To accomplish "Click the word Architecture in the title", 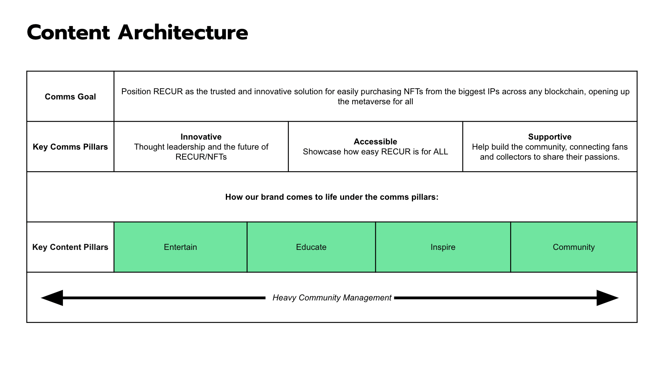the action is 183,32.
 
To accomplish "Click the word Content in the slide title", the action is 68,32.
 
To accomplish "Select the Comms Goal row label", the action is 71,97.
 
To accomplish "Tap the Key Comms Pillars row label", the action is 71,147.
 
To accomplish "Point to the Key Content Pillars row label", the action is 71,247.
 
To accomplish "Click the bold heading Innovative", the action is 201,137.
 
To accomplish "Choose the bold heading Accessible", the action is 375,142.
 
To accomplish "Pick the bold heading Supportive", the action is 550,137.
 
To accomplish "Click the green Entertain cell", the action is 180,247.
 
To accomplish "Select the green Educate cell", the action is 311,247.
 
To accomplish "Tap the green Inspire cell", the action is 443,247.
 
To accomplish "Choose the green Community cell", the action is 574,247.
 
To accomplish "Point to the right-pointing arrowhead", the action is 607,298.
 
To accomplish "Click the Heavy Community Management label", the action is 332,298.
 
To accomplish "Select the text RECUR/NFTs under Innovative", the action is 201,157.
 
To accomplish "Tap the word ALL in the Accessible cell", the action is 440,152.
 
